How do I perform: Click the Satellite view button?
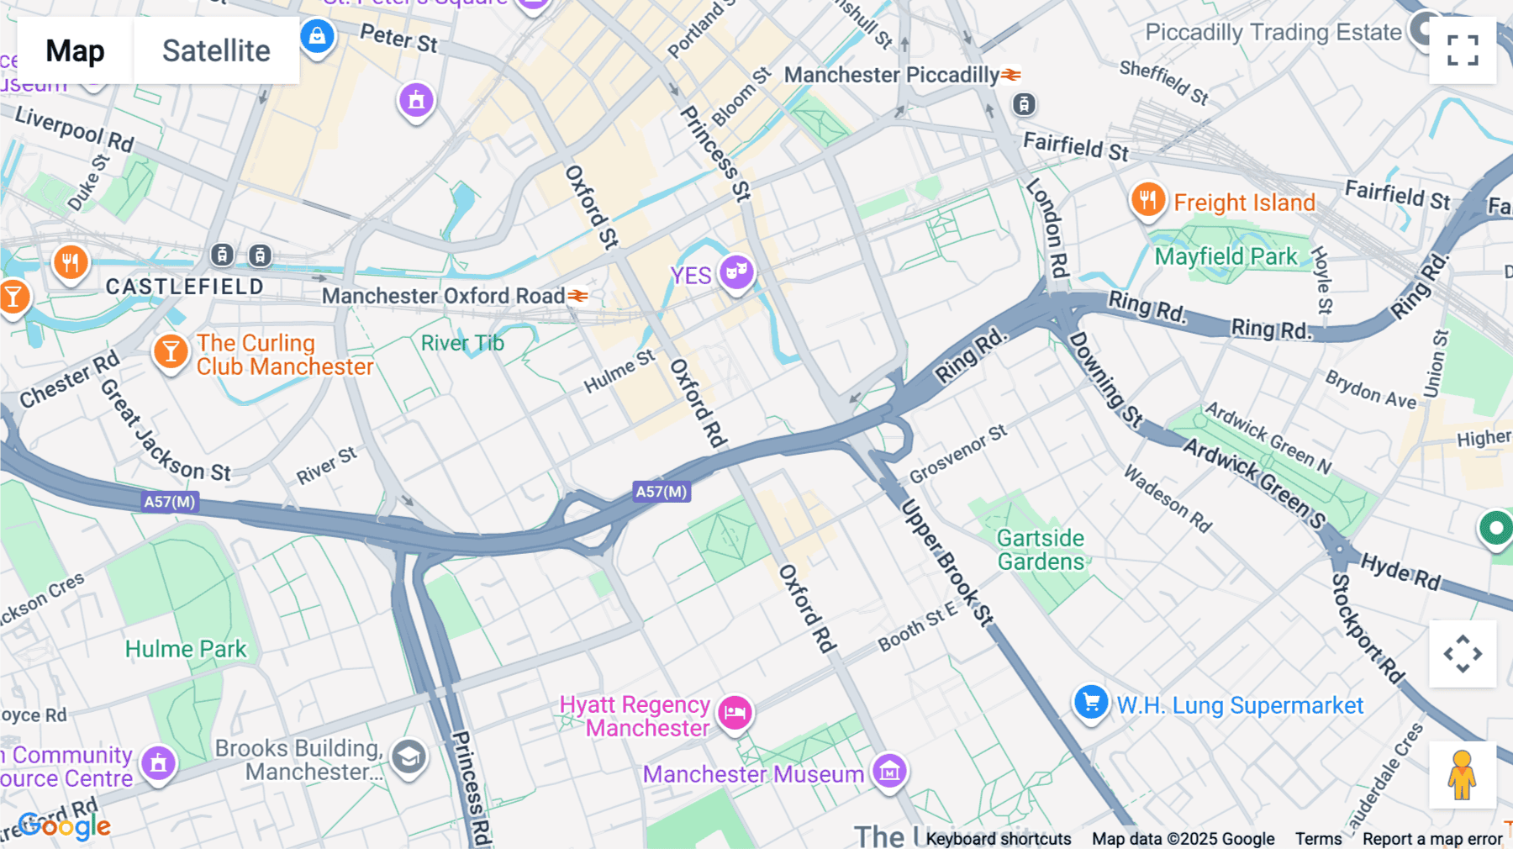point(216,50)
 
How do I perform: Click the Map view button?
point(75,50)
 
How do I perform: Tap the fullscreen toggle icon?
point(1463,50)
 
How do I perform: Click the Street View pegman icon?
point(1463,774)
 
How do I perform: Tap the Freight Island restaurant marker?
point(1147,200)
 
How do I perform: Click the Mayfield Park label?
point(1226,256)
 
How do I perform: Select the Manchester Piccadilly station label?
point(891,75)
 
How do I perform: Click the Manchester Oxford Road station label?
point(443,296)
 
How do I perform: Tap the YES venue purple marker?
point(736,272)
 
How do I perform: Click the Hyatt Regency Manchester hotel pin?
point(735,712)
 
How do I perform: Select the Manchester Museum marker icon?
point(889,770)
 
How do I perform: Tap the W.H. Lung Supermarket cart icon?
point(1091,702)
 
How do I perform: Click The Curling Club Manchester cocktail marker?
point(171,351)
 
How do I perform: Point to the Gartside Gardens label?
point(1041,550)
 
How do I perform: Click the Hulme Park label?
point(186,649)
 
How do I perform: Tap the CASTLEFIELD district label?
point(185,287)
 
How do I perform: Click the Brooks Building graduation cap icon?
point(409,757)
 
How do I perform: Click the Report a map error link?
point(1432,838)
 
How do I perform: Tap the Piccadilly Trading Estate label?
point(1273,33)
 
